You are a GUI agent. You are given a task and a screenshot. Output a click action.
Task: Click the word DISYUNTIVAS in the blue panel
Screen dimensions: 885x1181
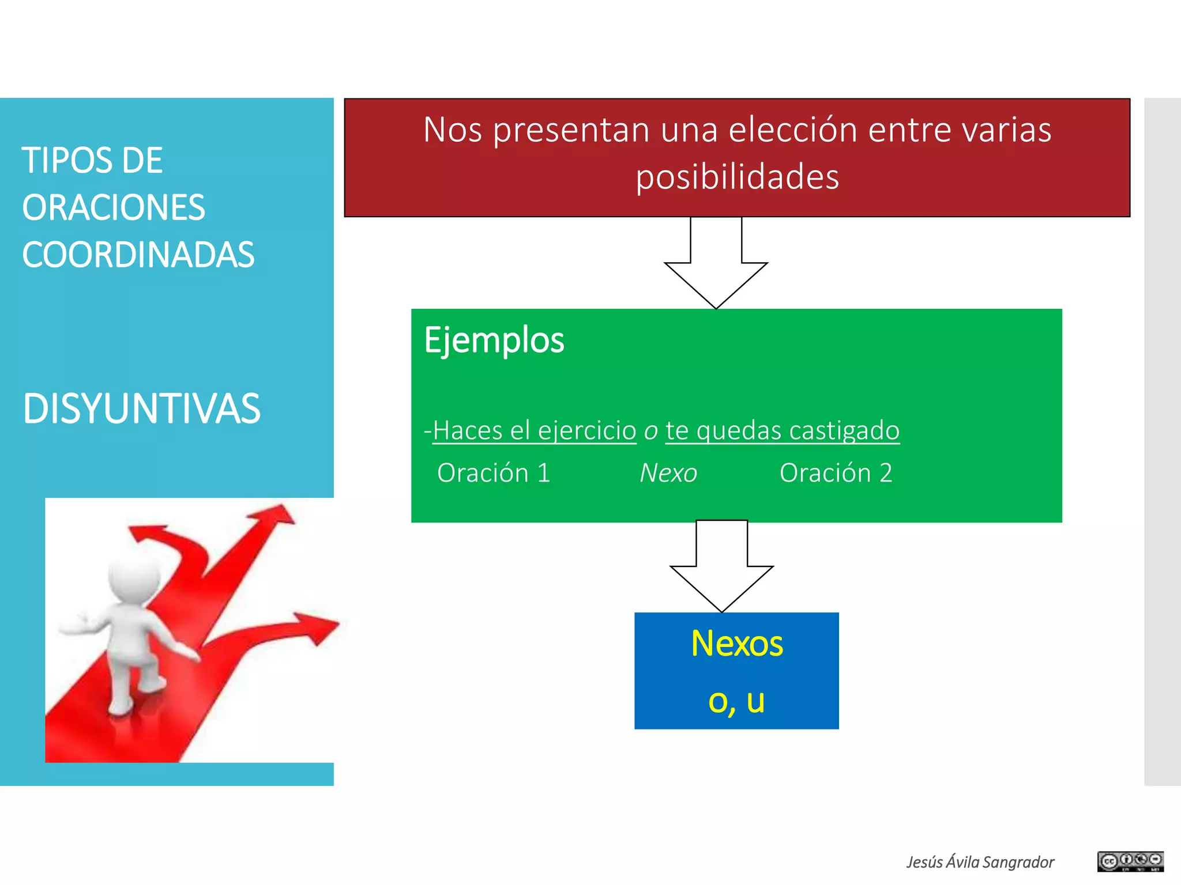[141, 409]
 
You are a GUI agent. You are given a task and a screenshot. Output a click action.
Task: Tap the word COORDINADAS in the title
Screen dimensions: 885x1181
[138, 255]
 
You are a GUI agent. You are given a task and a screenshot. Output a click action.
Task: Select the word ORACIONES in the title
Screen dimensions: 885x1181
[114, 208]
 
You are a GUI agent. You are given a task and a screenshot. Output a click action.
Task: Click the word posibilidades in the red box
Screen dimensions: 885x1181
[737, 177]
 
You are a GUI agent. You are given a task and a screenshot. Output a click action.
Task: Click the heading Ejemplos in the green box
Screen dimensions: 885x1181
[494, 340]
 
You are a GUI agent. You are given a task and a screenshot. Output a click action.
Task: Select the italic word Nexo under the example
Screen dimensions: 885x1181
[668, 474]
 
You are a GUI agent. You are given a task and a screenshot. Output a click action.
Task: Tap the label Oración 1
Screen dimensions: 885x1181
[494, 473]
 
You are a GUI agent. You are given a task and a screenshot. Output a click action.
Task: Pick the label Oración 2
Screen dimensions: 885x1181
[836, 473]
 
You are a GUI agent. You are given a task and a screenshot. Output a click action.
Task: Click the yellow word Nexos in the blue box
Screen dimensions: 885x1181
[736, 644]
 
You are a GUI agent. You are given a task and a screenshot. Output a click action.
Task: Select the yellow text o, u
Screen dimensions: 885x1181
[736, 701]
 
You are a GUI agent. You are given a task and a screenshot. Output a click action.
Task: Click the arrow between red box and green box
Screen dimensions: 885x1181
[716, 265]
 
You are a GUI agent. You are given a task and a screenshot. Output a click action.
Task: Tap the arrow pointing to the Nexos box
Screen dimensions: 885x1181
[721, 568]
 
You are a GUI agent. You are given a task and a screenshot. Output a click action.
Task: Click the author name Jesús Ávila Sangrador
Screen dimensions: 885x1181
[980, 862]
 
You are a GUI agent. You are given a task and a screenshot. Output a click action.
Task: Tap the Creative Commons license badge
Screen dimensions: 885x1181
[1130, 861]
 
